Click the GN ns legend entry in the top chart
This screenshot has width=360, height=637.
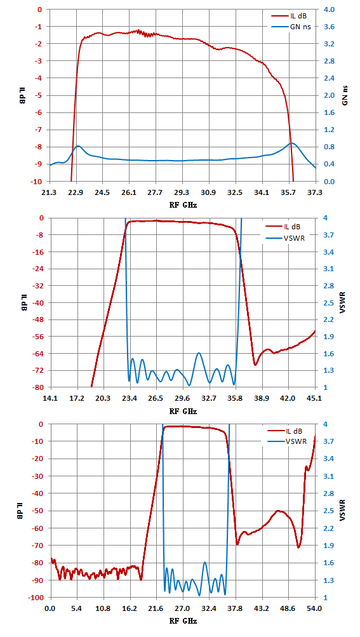click(x=288, y=27)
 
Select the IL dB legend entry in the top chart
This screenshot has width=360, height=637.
click(x=286, y=17)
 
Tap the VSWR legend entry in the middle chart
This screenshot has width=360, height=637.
click(x=285, y=238)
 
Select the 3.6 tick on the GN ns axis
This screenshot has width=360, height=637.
click(x=329, y=27)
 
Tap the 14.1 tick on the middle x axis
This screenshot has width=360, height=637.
click(x=50, y=398)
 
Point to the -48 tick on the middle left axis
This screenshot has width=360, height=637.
click(x=36, y=319)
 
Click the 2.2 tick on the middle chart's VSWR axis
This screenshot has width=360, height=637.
click(x=329, y=319)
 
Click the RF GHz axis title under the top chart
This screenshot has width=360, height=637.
click(x=183, y=205)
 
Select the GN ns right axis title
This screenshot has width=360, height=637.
click(x=345, y=95)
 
